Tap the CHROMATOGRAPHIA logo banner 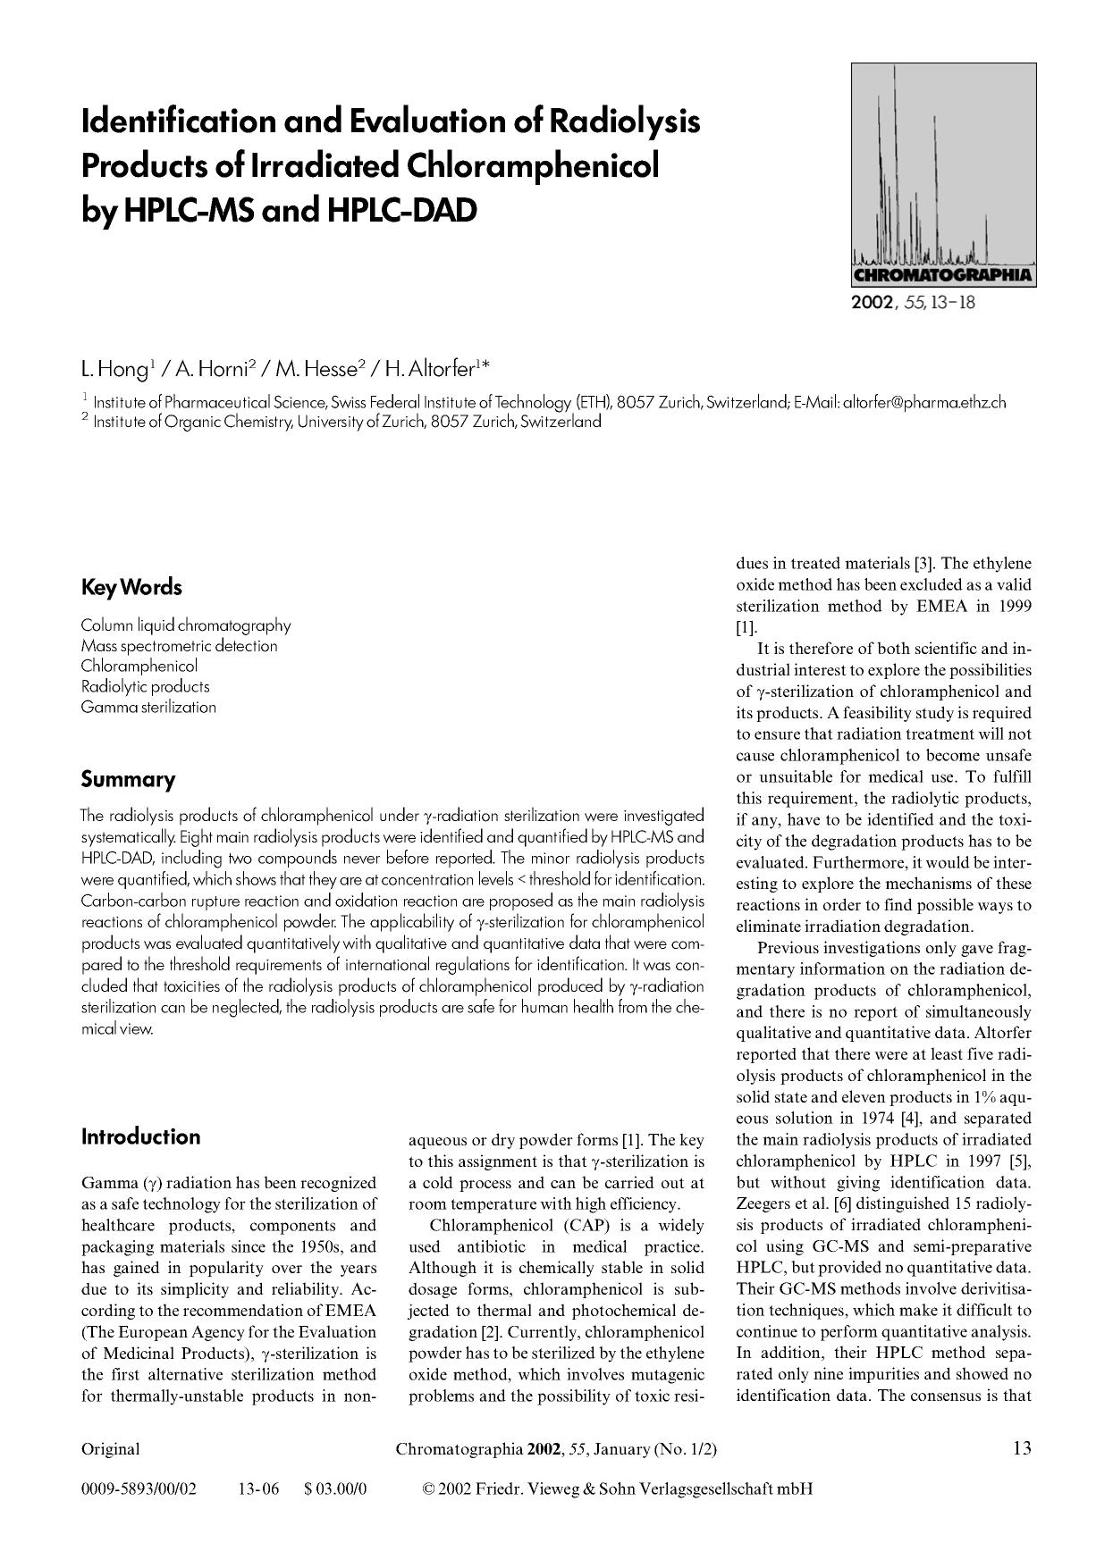(943, 275)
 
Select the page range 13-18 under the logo (952, 302)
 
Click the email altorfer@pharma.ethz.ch (924, 402)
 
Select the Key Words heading (131, 588)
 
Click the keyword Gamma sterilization (148, 707)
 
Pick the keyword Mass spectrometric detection (179, 645)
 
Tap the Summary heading (128, 779)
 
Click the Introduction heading (140, 1137)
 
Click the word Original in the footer (110, 1448)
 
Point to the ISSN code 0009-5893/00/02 (139, 1488)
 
